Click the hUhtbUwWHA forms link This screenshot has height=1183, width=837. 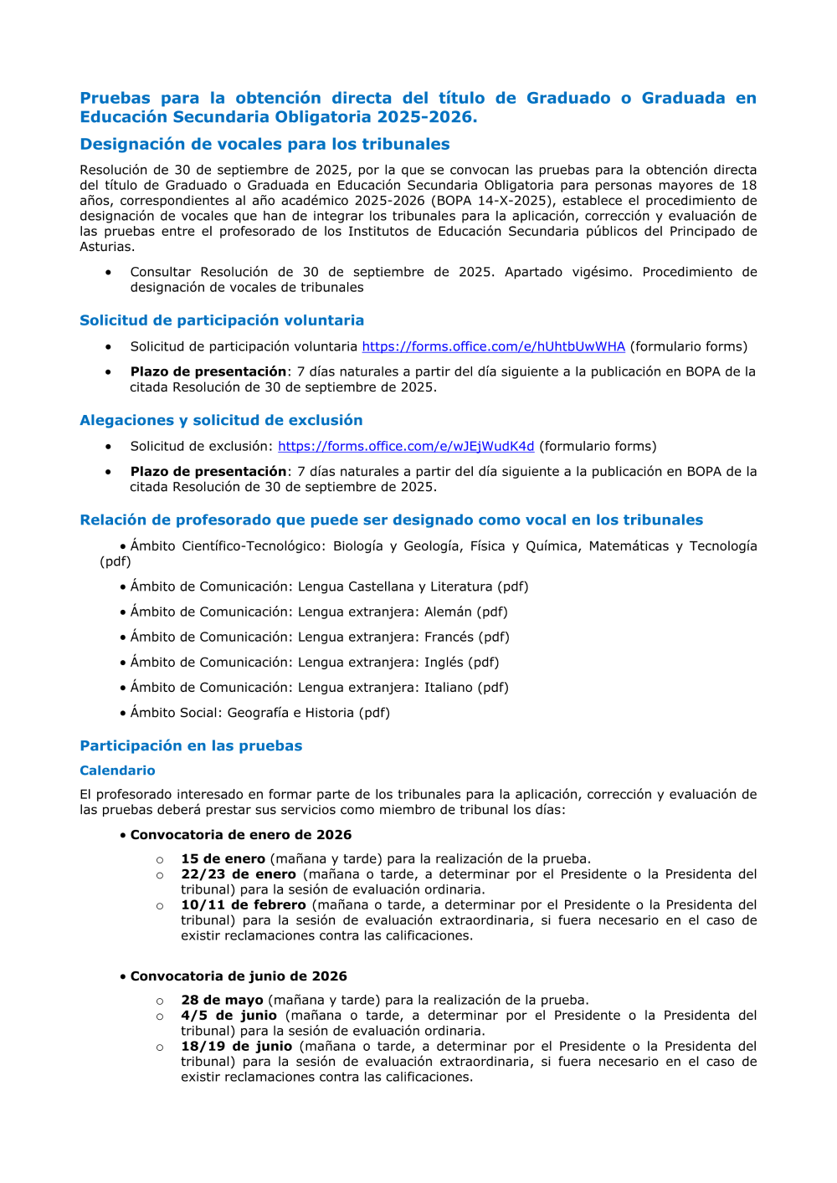coord(493,346)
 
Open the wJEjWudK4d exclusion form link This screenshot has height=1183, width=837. coord(406,446)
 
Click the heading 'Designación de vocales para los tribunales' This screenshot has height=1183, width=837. coord(264,144)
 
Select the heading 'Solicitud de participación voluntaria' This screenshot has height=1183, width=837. coord(222,320)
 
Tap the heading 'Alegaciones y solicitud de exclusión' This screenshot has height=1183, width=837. coord(221,420)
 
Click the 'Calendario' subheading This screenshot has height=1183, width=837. coord(117,771)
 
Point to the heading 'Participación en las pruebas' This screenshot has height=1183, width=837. coord(191,745)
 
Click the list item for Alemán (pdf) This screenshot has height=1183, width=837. coord(319,612)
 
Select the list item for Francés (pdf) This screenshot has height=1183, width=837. coord(320,637)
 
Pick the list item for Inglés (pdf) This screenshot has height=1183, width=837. coord(315,662)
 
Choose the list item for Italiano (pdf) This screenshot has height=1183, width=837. coord(319,687)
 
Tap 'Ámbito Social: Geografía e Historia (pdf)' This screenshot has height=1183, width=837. coord(259,713)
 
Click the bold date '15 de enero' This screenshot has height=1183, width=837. coord(223,858)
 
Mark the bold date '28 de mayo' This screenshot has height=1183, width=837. coord(222,1000)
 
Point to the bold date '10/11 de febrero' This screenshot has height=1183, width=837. coord(244,904)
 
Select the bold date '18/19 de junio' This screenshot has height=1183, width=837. coord(237,1046)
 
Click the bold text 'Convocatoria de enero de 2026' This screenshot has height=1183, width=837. coord(241,835)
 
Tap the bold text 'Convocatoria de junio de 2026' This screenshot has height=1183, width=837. coord(239,976)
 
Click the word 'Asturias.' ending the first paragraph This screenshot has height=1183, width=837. coord(107,247)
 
